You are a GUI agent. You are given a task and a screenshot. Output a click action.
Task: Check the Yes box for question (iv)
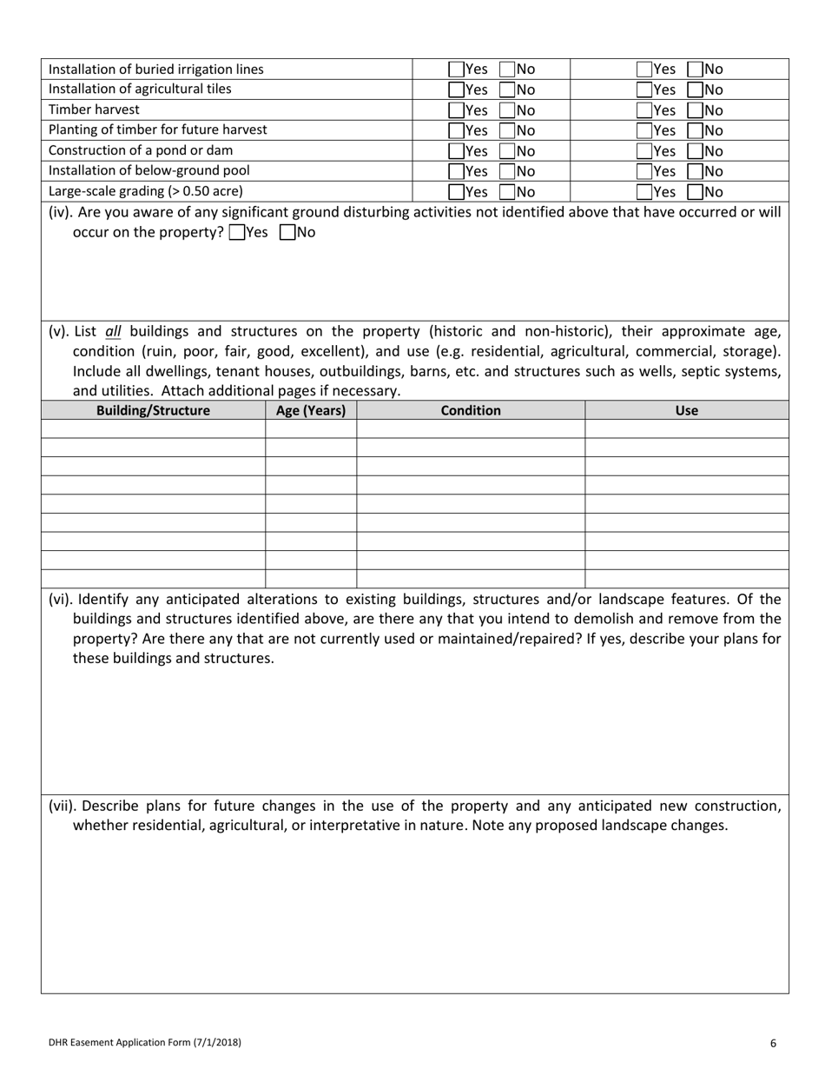point(237,233)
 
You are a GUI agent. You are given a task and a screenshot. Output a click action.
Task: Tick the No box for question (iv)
point(287,233)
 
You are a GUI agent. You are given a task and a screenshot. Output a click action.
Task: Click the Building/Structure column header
point(153,410)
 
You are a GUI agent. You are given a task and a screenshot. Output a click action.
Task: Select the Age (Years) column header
point(311,410)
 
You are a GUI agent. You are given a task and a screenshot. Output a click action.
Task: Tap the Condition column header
point(471,410)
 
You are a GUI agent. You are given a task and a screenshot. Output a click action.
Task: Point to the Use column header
point(686,410)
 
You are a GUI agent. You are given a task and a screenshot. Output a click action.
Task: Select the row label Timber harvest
point(94,110)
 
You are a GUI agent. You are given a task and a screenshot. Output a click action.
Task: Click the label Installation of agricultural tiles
point(140,89)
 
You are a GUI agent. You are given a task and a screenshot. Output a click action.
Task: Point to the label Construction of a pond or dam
point(141,150)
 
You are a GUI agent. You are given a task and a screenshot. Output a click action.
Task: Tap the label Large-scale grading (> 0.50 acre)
point(146,191)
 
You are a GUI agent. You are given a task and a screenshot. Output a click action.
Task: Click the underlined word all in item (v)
point(114,331)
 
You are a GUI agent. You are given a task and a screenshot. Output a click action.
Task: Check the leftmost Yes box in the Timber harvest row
point(456,110)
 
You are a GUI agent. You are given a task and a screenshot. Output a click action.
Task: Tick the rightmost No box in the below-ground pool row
point(695,171)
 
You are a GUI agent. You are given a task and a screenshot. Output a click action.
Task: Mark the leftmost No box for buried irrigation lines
point(507,70)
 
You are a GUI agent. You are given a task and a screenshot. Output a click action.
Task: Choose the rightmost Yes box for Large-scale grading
point(644,192)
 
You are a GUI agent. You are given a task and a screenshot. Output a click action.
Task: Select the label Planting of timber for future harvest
point(158,129)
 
